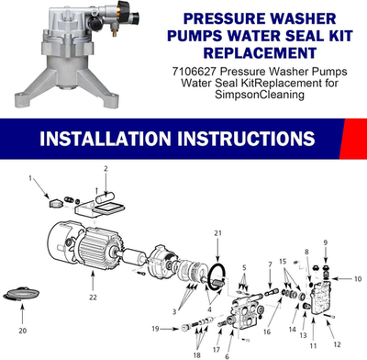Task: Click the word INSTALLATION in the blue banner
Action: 100,141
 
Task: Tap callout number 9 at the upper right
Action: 325,242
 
